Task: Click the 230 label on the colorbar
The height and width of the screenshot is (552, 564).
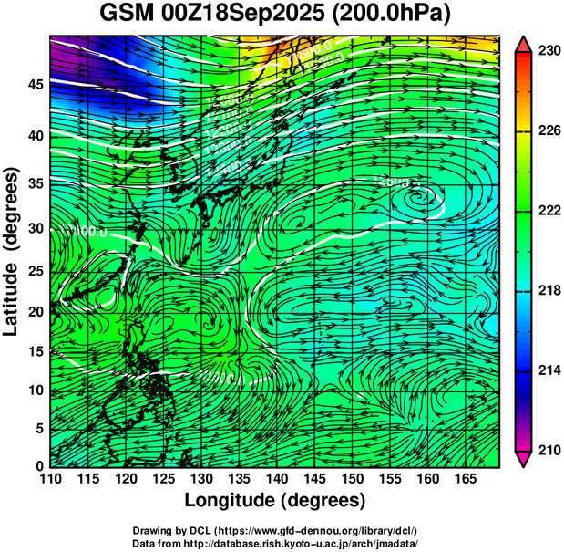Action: coord(549,51)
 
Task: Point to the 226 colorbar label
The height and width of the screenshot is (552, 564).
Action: coord(549,131)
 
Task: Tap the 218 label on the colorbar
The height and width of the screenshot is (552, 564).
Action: coord(549,290)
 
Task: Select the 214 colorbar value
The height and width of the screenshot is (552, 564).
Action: coord(549,370)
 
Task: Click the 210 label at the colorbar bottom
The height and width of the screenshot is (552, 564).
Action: coord(549,450)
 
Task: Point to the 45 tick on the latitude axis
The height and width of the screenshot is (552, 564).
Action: coord(35,85)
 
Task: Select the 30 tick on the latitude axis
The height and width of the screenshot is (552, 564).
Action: coord(35,228)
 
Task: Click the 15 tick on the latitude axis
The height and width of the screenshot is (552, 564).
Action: coord(35,351)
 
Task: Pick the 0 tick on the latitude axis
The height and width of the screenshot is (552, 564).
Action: coord(39,466)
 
